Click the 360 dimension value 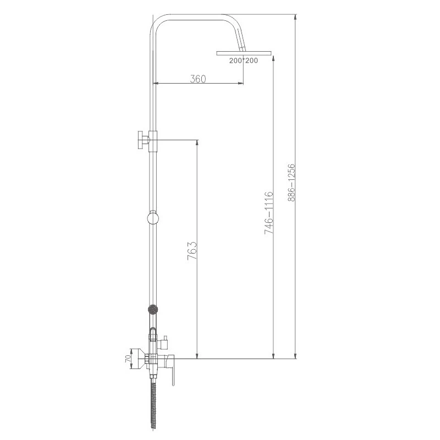198,79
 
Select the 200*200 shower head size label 243,61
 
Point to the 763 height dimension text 192,251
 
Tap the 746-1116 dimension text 268,213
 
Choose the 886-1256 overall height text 291,183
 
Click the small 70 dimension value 128,359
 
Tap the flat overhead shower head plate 244,53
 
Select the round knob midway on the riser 153,218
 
